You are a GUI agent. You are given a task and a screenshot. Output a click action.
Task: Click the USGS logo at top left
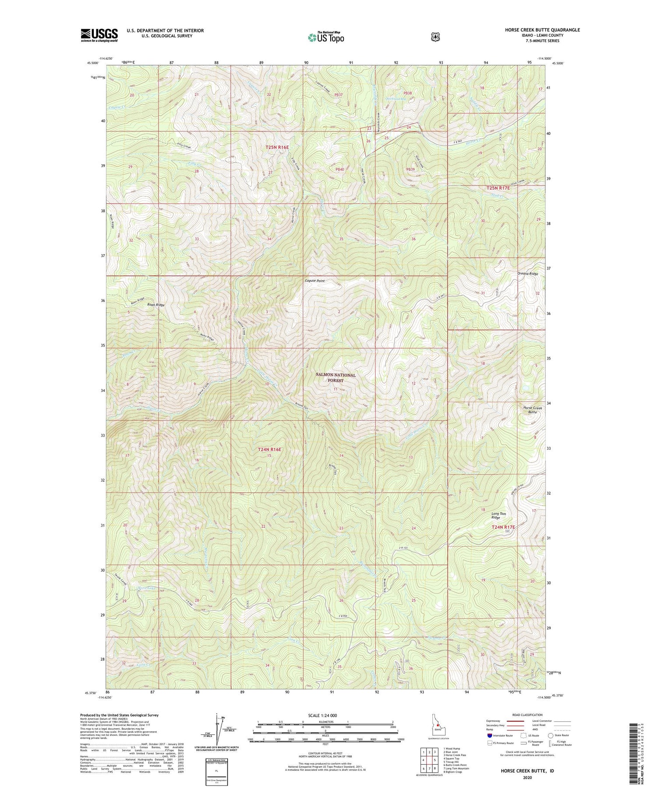point(99,35)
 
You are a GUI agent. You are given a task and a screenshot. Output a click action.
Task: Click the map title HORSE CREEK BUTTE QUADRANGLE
point(541,30)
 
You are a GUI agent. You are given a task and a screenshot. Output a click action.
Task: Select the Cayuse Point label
point(315,281)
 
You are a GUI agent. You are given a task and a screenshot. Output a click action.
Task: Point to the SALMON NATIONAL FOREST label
point(336,378)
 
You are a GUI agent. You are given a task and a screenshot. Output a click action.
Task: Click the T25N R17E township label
point(498,187)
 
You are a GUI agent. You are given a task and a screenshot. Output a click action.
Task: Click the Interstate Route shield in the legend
point(490,735)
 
